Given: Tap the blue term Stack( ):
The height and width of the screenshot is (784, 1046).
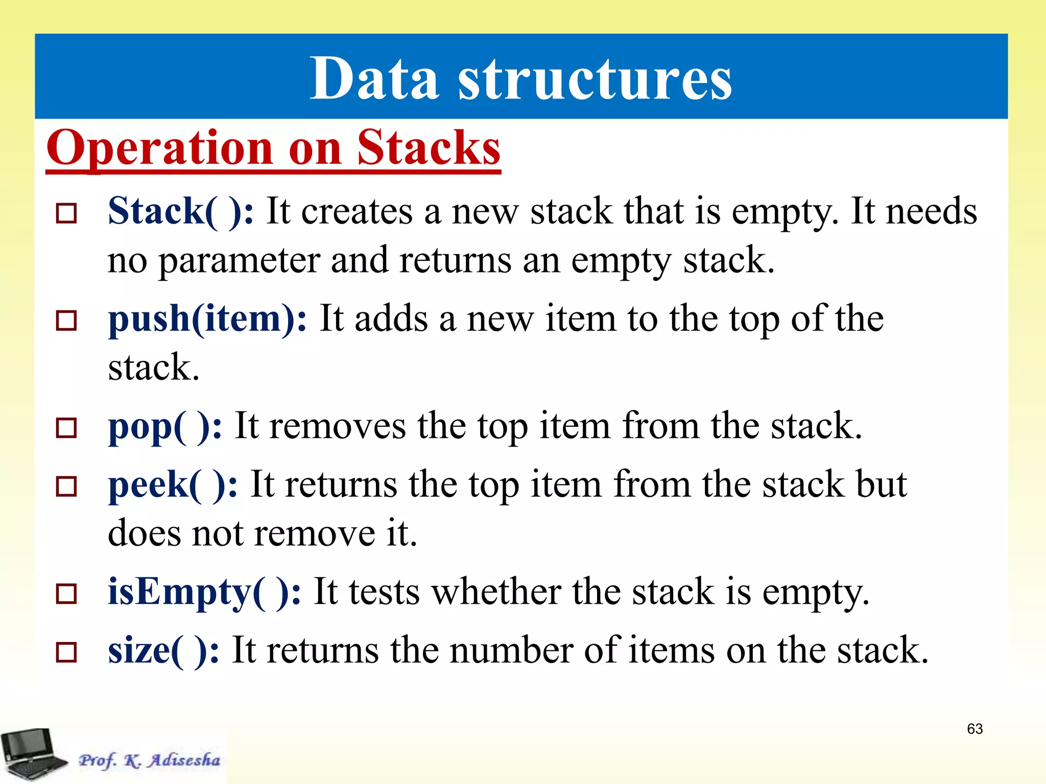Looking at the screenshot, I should [181, 211].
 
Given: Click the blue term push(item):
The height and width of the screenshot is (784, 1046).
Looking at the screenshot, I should [207, 319].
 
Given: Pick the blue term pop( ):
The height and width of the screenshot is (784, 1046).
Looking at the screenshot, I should [165, 427].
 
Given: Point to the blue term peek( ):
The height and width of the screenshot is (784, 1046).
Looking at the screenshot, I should [173, 485].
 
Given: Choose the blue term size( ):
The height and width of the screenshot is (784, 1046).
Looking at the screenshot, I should [163, 651].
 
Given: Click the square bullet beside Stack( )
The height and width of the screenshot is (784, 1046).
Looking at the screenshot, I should [66, 213].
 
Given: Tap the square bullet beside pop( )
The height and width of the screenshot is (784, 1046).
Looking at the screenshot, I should [66, 428].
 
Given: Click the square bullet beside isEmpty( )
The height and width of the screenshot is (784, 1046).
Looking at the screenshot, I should [66, 594].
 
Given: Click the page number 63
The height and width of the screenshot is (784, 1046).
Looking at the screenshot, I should [974, 729].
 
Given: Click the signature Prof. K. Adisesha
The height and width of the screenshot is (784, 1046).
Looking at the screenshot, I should [149, 761].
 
